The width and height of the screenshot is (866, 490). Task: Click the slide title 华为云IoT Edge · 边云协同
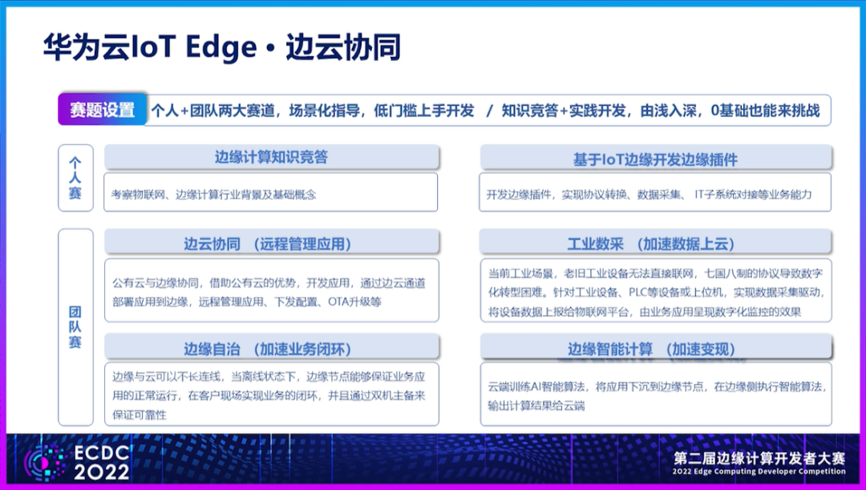point(221,48)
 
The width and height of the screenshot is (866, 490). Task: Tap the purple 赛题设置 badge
point(102,111)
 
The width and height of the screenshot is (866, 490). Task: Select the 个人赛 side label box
point(75,177)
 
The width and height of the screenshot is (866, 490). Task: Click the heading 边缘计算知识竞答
point(271,157)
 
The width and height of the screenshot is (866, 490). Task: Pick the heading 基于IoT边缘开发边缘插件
point(655,160)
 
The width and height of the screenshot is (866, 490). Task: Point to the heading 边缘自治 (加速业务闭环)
point(271,349)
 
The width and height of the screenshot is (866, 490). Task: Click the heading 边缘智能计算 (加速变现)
point(655,349)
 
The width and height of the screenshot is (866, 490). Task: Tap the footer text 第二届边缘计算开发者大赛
point(759,460)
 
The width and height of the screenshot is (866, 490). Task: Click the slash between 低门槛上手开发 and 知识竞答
point(489,111)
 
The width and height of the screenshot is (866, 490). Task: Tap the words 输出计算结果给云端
point(536,406)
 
